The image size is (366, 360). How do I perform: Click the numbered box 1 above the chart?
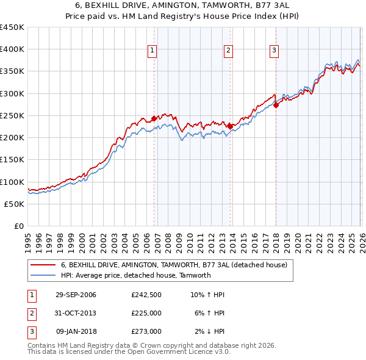pyautogui.click(x=152, y=51)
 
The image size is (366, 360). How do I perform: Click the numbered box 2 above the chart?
pyautogui.click(x=228, y=51)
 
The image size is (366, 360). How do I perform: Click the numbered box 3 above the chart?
pyautogui.click(x=274, y=51)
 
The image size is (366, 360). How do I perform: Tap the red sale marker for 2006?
pyautogui.click(x=154, y=118)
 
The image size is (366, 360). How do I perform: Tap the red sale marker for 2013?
pyautogui.click(x=230, y=126)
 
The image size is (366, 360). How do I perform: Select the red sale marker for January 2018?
pyautogui.click(x=276, y=105)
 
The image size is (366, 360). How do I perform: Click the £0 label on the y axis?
pyautogui.click(x=18, y=226)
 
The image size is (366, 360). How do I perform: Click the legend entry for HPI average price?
pyautogui.click(x=135, y=275)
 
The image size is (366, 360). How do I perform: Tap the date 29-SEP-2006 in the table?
pyautogui.click(x=76, y=295)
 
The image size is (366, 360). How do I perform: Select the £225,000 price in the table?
pyautogui.click(x=146, y=313)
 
